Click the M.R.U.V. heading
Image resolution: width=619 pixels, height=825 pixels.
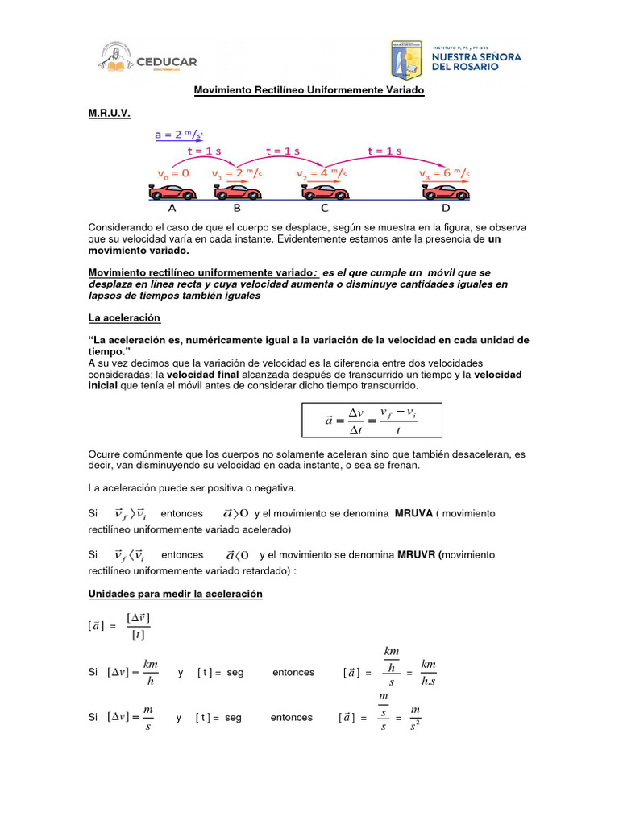coord(109,114)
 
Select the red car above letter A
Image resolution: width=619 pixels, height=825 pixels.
coord(172,192)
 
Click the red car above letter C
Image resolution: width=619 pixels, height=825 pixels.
coord(326,192)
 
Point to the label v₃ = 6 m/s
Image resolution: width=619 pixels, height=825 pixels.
coord(444,173)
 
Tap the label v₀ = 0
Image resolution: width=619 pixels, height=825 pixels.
coord(172,173)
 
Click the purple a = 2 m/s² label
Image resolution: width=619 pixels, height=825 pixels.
coord(179,135)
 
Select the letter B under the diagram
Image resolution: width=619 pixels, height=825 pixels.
coord(237,208)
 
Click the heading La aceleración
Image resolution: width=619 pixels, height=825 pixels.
coord(124,318)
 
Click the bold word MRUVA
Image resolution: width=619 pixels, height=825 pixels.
coord(415,513)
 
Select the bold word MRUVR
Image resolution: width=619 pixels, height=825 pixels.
coord(418,555)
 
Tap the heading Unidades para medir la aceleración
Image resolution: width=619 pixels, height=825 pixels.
coord(175,594)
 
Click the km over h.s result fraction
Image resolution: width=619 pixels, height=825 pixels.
coord(428,673)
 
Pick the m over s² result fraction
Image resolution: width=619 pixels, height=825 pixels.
coord(415,717)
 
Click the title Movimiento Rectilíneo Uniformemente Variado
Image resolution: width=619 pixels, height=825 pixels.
coord(309,90)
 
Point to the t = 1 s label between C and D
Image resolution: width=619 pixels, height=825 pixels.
coord(384,151)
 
